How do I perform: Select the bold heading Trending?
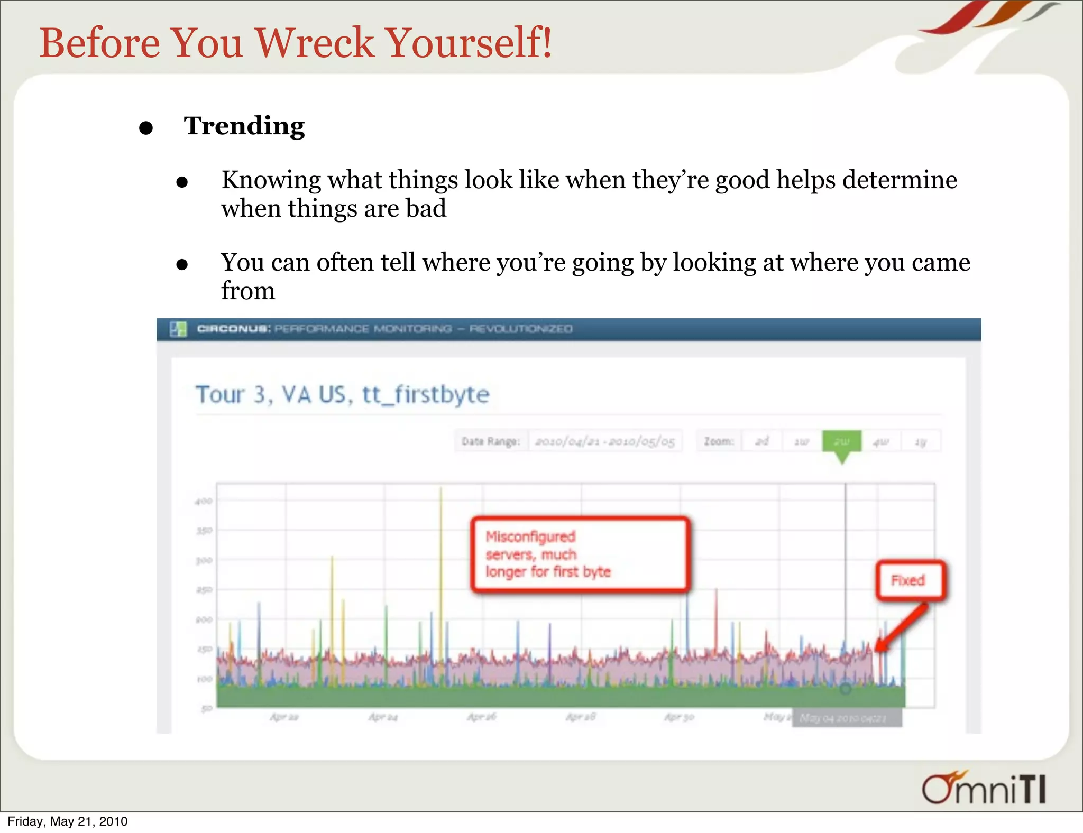tap(244, 126)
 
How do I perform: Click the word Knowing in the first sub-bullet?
tap(271, 180)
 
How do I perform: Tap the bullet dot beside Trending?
tap(146, 128)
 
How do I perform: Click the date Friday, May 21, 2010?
tap(67, 821)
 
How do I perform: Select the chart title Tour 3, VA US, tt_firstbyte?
tap(342, 394)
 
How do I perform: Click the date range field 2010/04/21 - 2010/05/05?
tap(604, 441)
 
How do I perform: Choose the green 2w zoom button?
tap(841, 441)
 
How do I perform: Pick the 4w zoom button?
tap(880, 441)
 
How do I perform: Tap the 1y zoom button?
tap(921, 441)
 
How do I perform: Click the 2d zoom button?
tap(761, 441)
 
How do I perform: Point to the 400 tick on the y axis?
tap(204, 501)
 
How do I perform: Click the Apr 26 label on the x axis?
tap(481, 717)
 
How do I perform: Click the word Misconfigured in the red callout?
tap(530, 536)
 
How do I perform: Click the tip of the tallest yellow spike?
tap(440, 488)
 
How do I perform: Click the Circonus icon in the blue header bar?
tap(178, 329)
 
